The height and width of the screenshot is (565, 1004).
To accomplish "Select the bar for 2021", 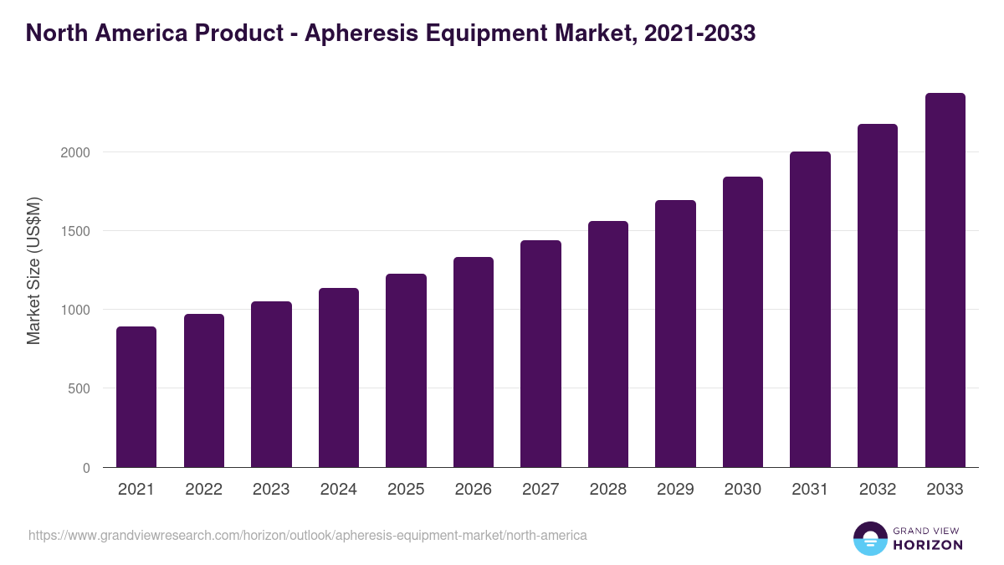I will point(136,397).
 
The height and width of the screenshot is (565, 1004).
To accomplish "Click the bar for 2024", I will point(339,378).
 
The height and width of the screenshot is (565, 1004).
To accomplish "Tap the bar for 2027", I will point(540,354).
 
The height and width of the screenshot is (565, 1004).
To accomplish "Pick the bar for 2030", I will point(743,322).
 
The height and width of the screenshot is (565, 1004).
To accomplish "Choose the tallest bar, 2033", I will point(945,280).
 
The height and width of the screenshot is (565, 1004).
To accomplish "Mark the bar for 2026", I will point(474,362).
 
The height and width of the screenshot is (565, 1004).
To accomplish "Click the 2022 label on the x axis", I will point(203,490).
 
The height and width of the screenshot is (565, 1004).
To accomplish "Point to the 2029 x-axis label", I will point(675,490).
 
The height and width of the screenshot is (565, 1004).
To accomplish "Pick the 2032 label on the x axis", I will point(878,490).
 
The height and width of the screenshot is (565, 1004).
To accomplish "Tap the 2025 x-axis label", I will point(406,490).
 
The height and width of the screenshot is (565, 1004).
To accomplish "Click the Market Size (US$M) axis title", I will point(34,270).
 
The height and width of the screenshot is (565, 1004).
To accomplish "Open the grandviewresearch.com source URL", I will point(308,535).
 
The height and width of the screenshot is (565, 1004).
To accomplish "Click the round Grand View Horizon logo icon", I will point(869,538).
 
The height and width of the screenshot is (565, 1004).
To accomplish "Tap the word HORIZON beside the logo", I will point(928,545).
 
